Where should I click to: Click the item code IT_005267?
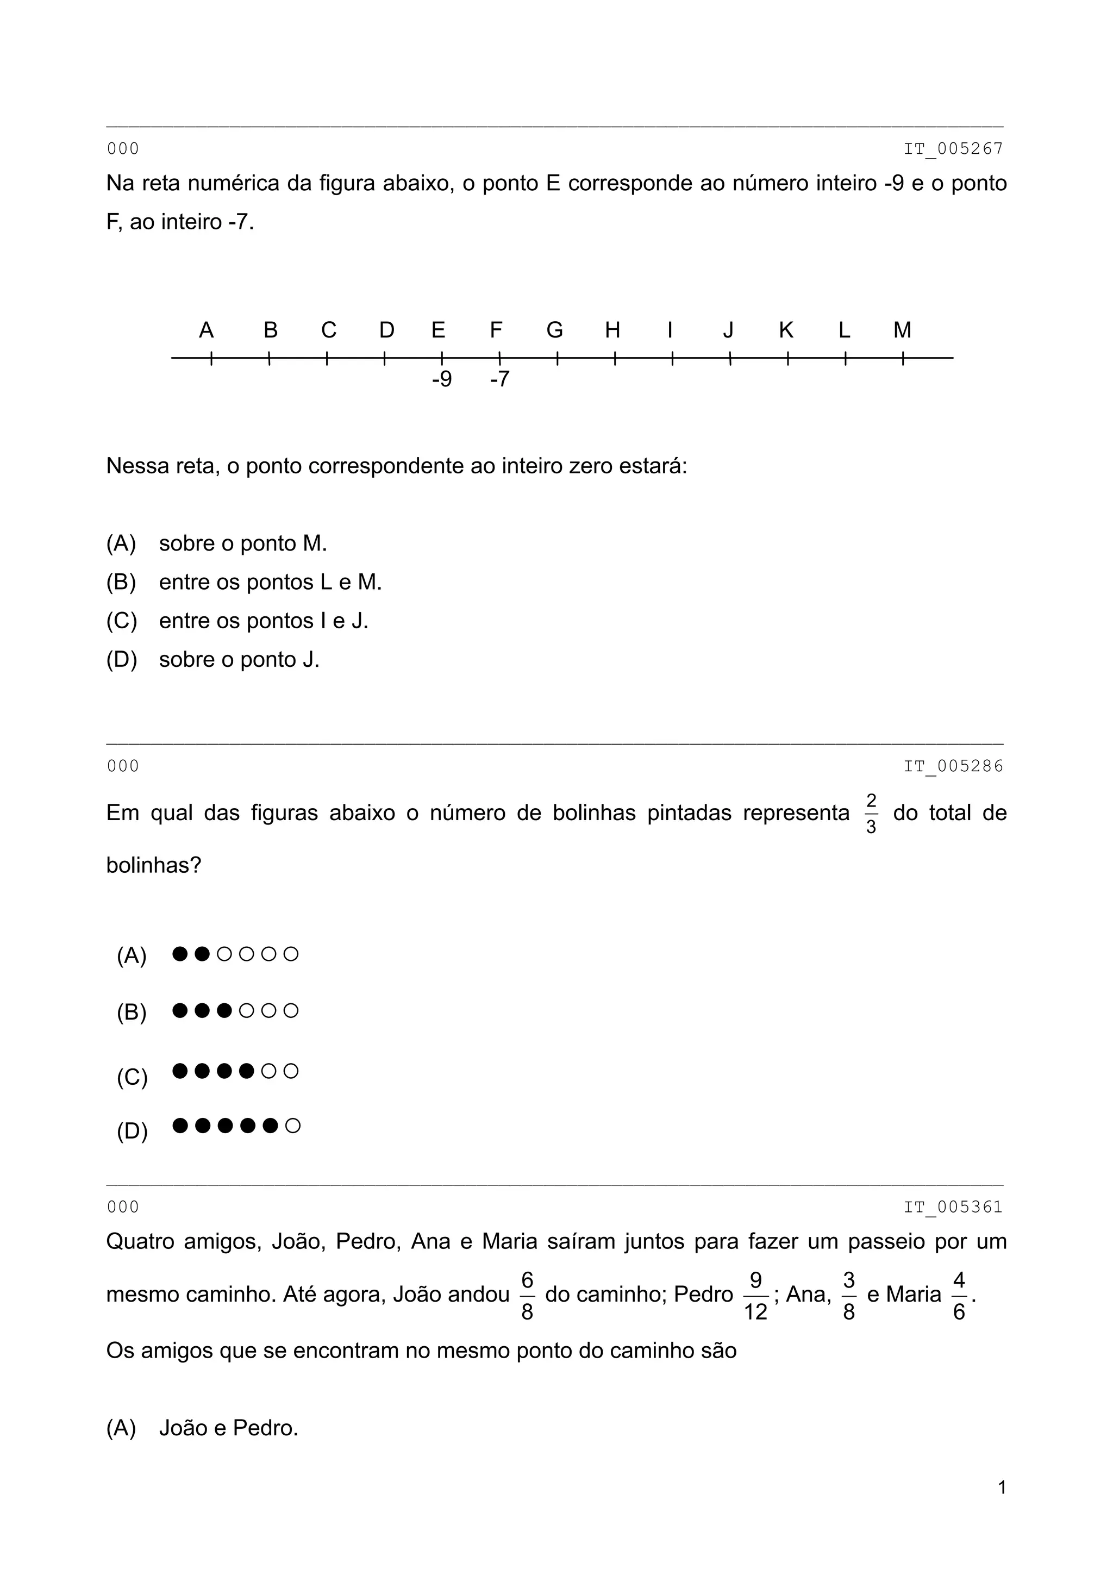pyautogui.click(x=953, y=149)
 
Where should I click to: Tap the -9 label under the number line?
pyautogui.click(x=442, y=379)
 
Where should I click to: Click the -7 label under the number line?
pyautogui.click(x=499, y=379)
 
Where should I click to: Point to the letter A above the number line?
pyautogui.click(x=206, y=330)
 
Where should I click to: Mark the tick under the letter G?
pyautogui.click(x=557, y=358)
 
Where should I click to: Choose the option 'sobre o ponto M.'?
pyautogui.click(x=243, y=543)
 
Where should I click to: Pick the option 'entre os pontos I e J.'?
pyautogui.click(x=264, y=621)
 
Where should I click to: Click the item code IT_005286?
pyautogui.click(x=953, y=766)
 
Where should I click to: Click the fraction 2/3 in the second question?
pyautogui.click(x=871, y=814)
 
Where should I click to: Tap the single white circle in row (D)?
pyautogui.click(x=292, y=1126)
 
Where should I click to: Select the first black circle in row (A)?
pyautogui.click(x=180, y=953)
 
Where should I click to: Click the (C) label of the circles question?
pyautogui.click(x=132, y=1078)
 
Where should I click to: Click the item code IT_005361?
pyautogui.click(x=953, y=1207)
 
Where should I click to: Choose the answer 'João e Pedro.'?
pyautogui.click(x=228, y=1428)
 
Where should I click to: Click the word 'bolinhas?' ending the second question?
pyautogui.click(x=154, y=866)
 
